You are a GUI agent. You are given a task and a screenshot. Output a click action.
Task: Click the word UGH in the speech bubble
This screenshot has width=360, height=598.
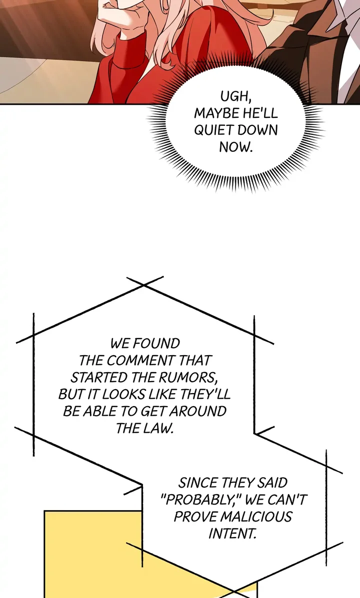point(234,95)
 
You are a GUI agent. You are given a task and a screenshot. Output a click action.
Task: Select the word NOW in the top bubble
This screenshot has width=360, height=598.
point(236,147)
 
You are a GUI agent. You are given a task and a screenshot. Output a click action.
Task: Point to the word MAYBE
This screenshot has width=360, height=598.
point(216,112)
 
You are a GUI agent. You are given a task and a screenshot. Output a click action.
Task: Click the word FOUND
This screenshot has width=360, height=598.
point(156,344)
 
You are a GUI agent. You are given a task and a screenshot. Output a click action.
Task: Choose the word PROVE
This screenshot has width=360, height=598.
point(195,517)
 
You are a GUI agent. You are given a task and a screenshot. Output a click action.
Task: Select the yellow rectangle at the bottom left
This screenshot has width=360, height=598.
point(90,550)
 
